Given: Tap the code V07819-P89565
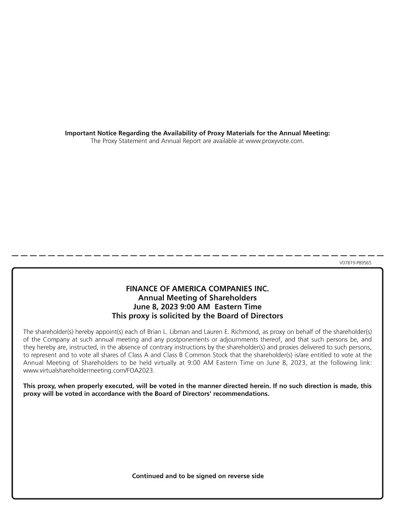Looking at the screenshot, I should [355, 262].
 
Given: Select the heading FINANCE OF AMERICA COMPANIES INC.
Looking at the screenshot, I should [197, 289].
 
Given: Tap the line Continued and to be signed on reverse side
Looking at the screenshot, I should [197, 476].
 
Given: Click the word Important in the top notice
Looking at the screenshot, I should [80, 133].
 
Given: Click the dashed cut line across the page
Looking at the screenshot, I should [197, 255].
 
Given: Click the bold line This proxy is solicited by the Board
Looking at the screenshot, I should [197, 316].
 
